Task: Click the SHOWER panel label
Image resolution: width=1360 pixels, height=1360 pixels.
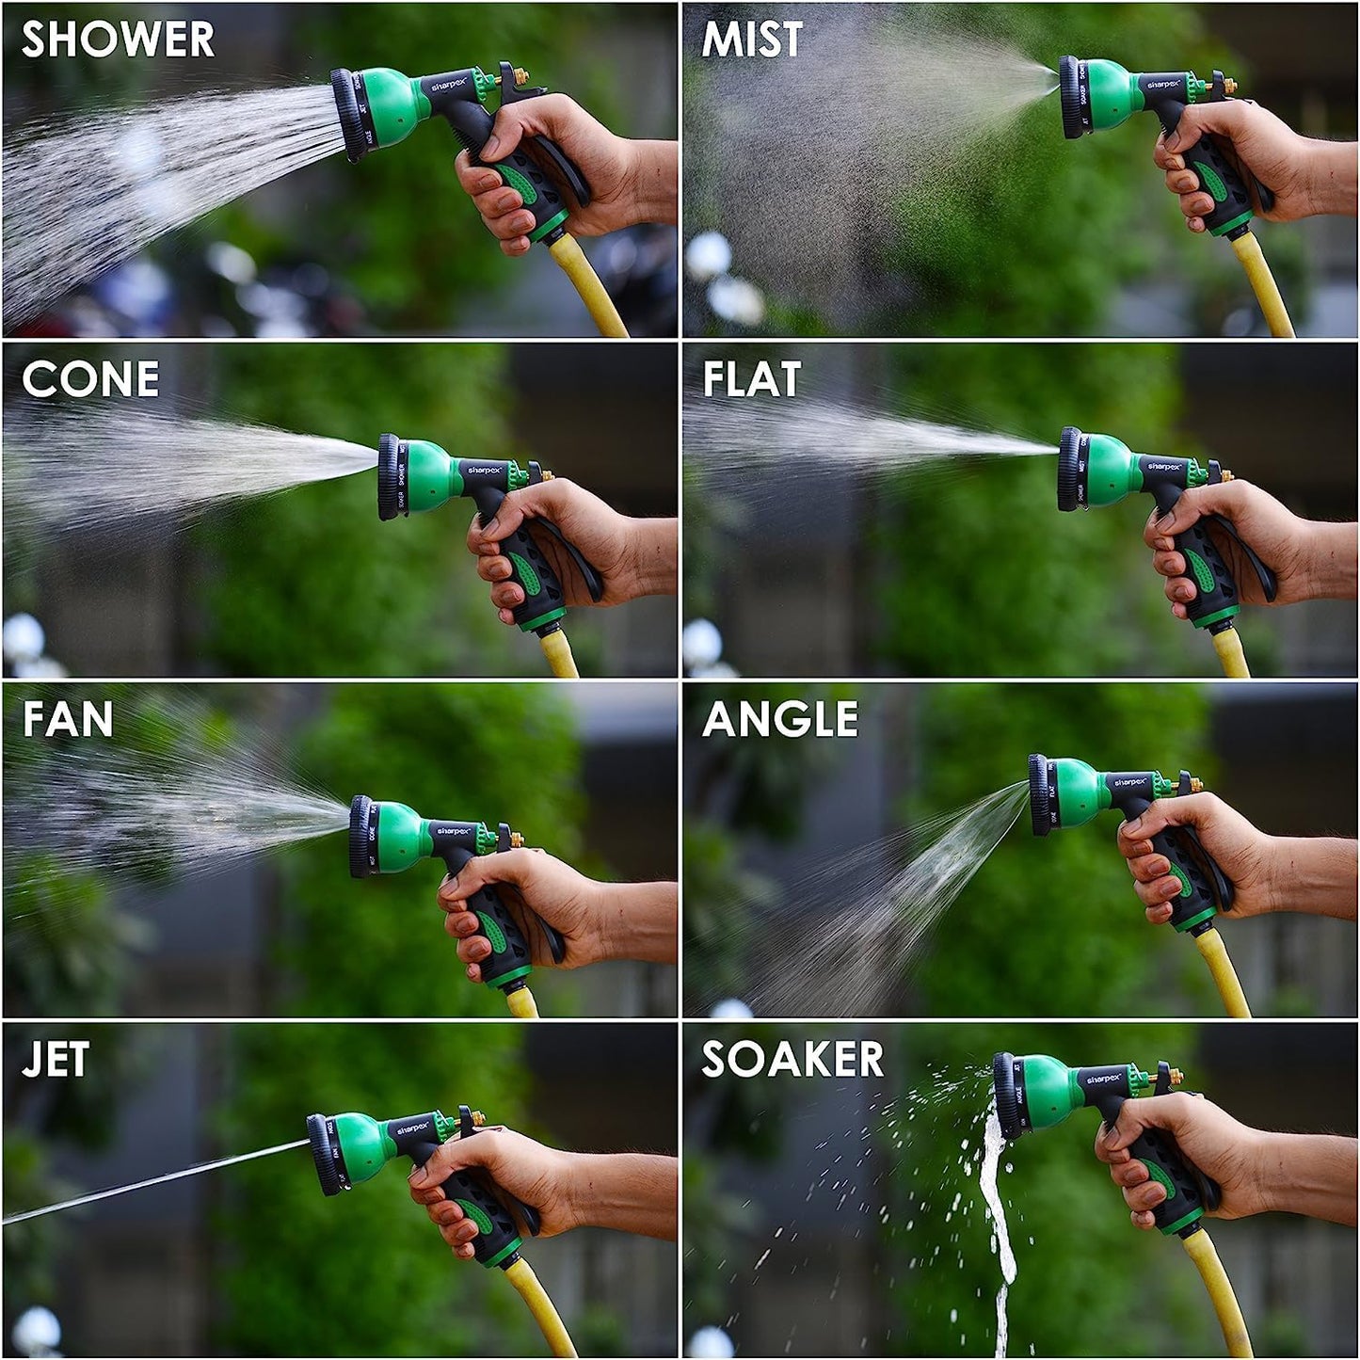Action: (x=118, y=40)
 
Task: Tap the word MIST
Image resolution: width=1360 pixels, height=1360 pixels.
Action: (x=752, y=40)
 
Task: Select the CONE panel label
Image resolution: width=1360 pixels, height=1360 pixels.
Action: (x=90, y=379)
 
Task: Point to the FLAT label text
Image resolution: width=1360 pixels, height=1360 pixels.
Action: (x=752, y=379)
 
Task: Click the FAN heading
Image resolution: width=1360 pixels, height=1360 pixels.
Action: (x=68, y=720)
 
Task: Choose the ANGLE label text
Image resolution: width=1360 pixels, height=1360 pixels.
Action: (x=780, y=720)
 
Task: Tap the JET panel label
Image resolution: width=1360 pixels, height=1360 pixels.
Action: (x=56, y=1060)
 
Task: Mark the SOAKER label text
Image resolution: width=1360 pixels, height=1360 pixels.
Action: (x=792, y=1060)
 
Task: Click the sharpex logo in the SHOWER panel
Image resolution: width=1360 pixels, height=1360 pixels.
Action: (x=449, y=87)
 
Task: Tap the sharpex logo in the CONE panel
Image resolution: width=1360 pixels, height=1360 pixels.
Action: (x=486, y=469)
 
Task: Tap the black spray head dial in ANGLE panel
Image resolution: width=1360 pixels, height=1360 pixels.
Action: (x=1039, y=795)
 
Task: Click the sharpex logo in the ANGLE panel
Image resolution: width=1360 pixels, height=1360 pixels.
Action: (x=1129, y=782)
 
